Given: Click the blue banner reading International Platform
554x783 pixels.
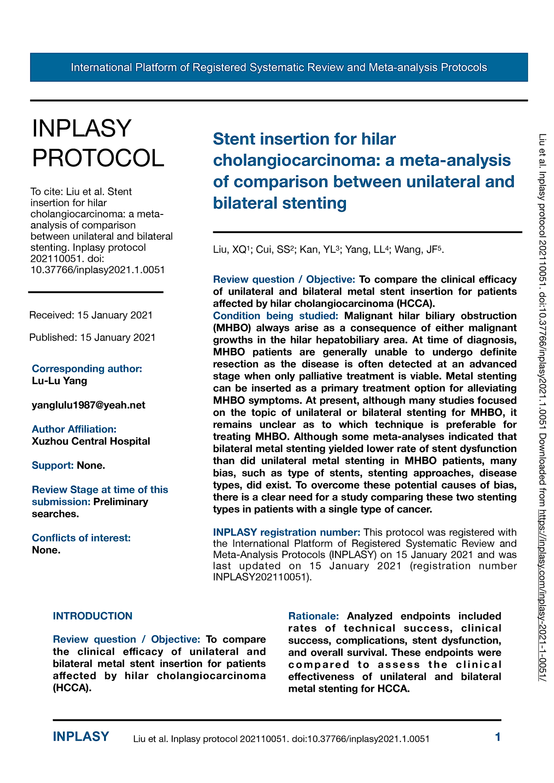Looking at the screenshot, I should point(279,67).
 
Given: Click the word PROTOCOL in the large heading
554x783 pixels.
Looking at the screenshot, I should point(98,158).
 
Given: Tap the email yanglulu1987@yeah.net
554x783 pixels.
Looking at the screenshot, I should point(88,405).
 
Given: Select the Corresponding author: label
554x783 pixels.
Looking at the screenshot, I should point(87,368).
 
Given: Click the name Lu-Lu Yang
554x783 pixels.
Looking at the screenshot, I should point(60,381).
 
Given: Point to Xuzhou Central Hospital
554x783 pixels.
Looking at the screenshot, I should point(91,441).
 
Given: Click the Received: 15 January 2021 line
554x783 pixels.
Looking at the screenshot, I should point(91,315).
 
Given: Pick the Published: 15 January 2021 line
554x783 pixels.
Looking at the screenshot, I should point(92,337).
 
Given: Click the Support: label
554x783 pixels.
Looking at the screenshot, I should point(53,465).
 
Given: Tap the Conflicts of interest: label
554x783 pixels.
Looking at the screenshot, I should point(81,538).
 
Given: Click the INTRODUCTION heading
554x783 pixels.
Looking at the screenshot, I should point(93,616).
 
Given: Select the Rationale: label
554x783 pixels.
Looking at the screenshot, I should point(313,616).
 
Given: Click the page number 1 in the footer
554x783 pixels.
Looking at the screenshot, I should point(498,737).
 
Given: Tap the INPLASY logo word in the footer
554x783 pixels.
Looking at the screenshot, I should point(81,736).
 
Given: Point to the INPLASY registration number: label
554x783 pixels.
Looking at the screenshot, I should point(286,532).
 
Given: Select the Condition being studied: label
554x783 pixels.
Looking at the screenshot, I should point(275,315).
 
